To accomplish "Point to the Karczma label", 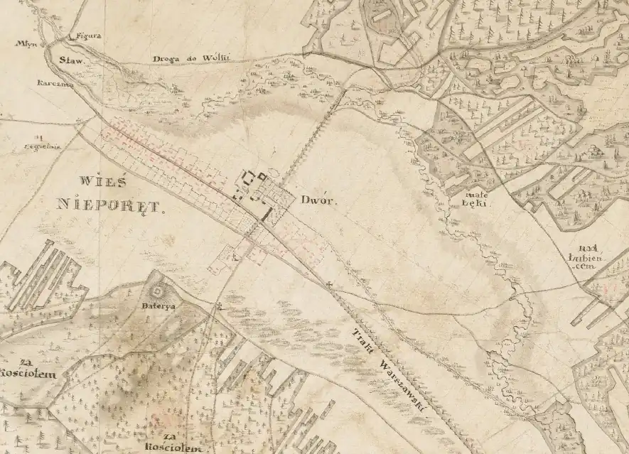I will pos(45,83).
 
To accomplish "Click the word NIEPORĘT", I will pos(109,207).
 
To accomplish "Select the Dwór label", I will pos(316,200).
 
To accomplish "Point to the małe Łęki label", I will pos(473,198).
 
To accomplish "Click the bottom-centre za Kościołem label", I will pos(168,441).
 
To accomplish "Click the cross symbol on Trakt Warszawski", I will pos(329,286).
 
